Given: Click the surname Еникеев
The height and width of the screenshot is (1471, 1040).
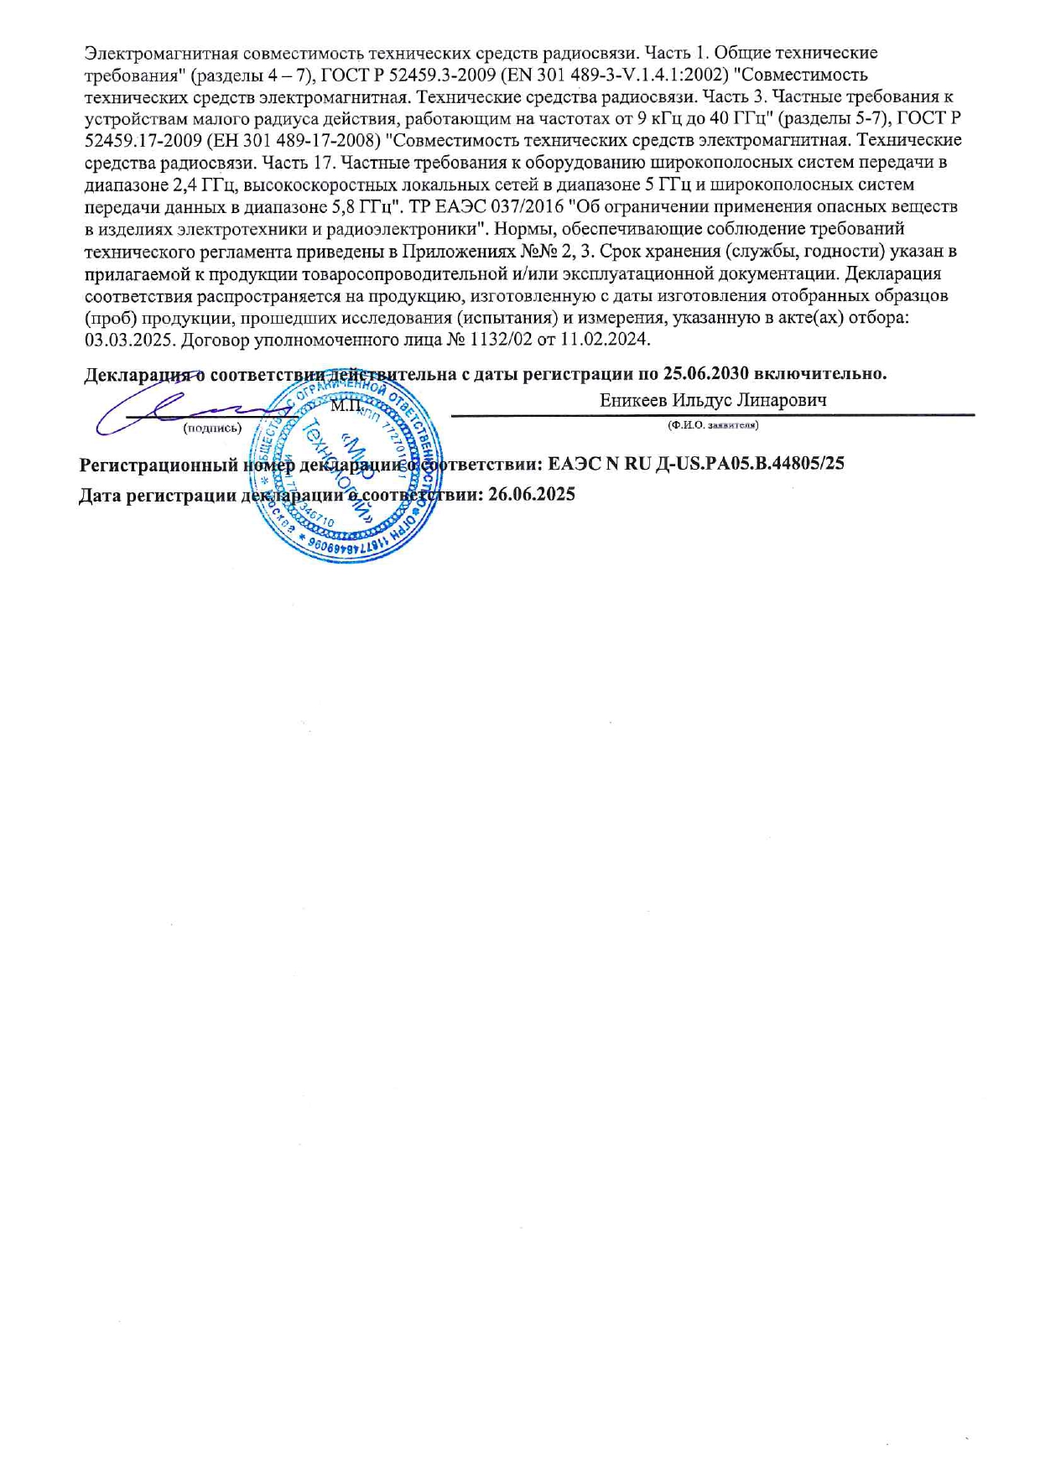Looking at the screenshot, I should (633, 400).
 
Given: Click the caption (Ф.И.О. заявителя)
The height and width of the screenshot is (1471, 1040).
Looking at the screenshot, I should (713, 425).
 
